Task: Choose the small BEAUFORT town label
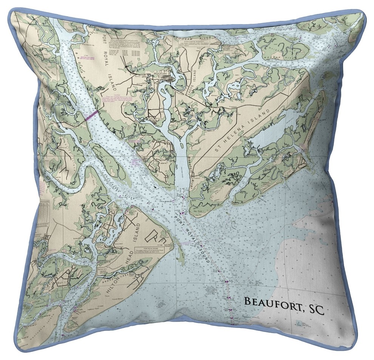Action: point(160,73)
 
